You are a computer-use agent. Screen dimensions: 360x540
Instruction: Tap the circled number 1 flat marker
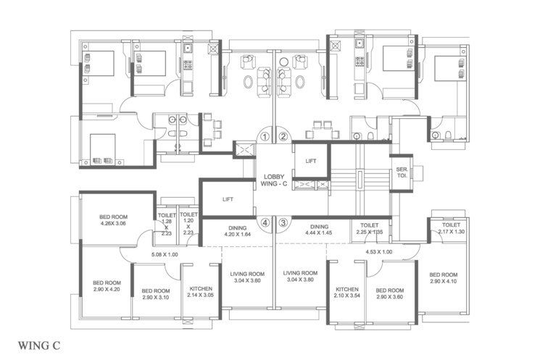pyautogui.click(x=265, y=136)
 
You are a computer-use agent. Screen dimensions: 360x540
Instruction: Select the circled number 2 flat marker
pyautogui.click(x=283, y=136)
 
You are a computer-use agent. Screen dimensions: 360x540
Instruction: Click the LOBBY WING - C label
pyautogui.click(x=274, y=180)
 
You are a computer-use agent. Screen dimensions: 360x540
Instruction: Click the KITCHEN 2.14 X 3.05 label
pyautogui.click(x=200, y=291)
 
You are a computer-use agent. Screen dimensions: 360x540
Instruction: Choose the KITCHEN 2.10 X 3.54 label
pyautogui.click(x=347, y=292)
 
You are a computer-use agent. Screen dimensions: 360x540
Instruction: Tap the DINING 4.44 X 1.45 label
pyautogui.click(x=320, y=230)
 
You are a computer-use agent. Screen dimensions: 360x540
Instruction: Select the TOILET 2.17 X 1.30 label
pyautogui.click(x=450, y=227)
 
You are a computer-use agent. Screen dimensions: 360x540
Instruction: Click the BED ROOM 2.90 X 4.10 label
pyautogui.click(x=443, y=279)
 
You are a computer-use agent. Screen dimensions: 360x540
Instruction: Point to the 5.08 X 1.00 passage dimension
pyautogui.click(x=165, y=254)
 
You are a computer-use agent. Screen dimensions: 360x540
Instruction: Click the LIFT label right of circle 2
pyautogui.click(x=311, y=161)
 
